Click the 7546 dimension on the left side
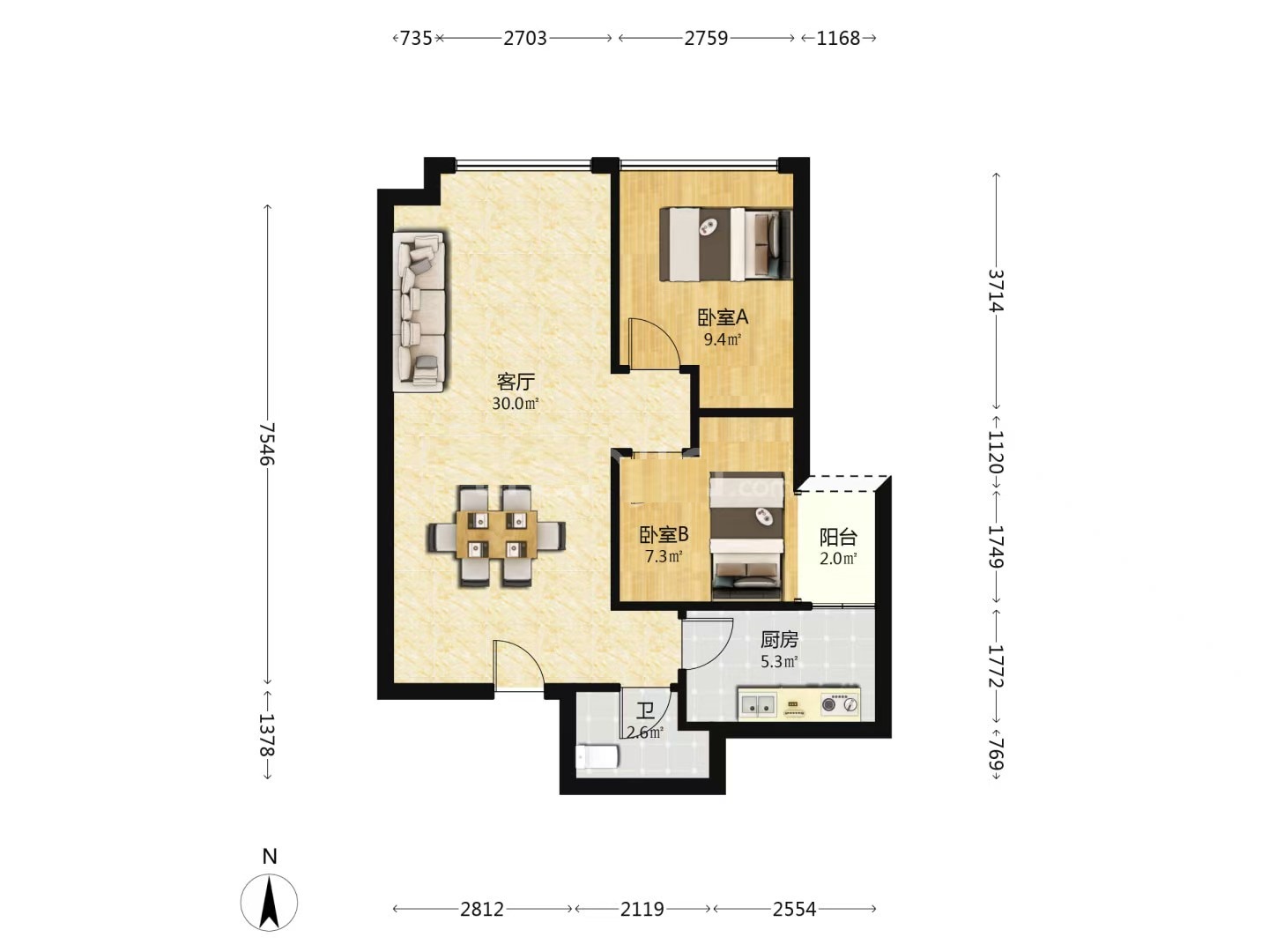pos(266,443)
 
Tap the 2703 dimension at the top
pos(524,38)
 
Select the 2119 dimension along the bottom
pos(642,909)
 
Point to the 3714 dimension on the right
pos(996,290)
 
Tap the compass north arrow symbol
pos(269,903)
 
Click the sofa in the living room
pos(419,312)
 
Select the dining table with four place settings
pos(496,535)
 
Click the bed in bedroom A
pos(725,244)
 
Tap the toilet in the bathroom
pos(597,756)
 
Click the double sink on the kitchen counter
pos(757,704)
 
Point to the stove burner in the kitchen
pos(839,704)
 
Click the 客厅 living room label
pos(516,382)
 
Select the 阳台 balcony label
pos(838,538)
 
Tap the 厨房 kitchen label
pos(779,639)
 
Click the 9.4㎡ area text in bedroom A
pos(722,339)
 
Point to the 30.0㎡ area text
pos(516,404)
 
